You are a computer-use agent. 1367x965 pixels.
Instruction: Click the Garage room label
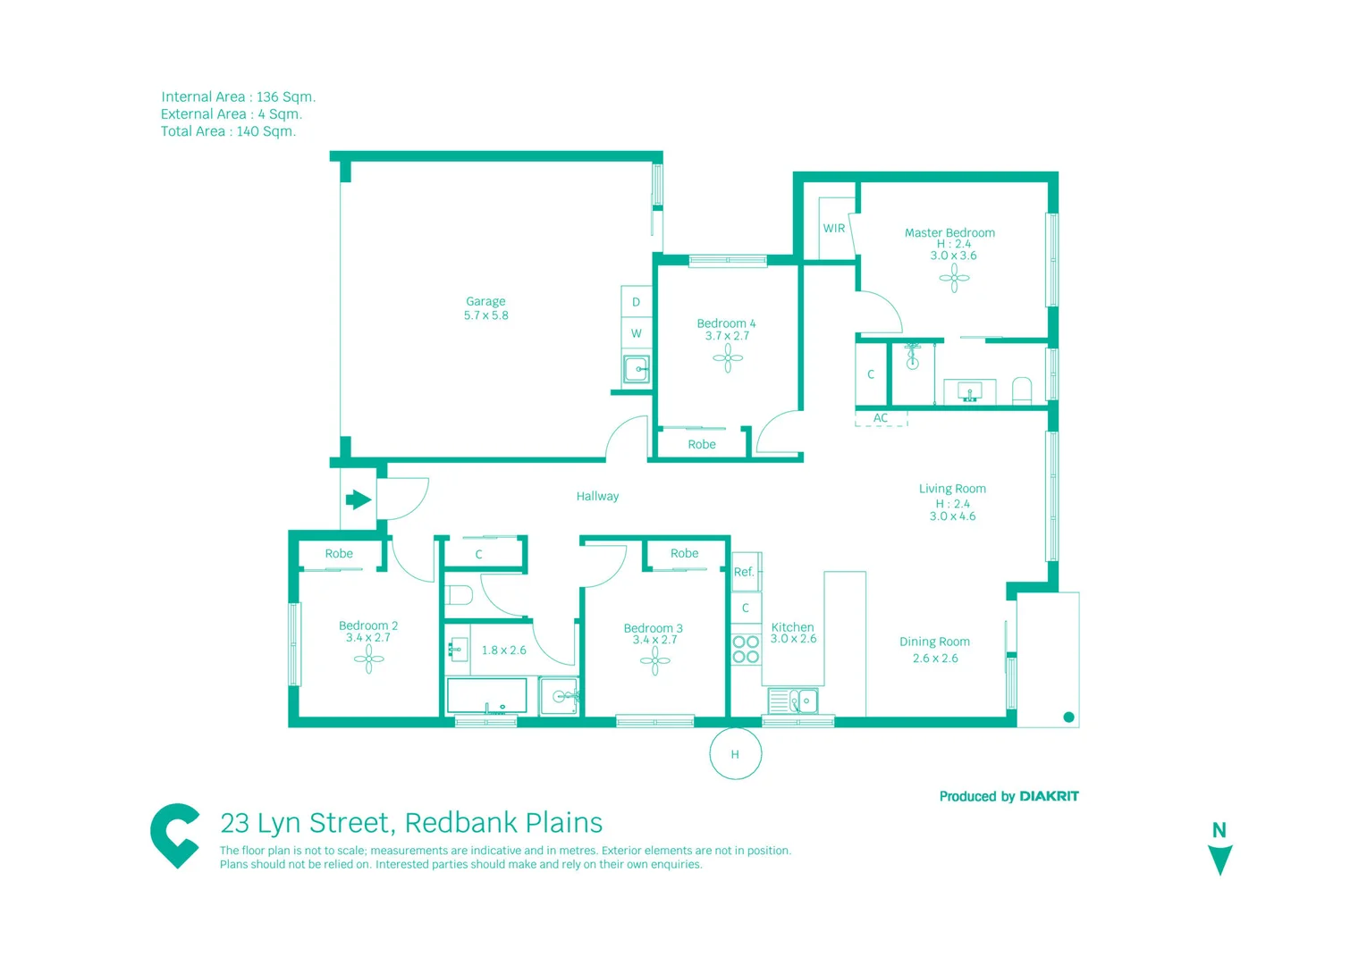pyautogui.click(x=485, y=302)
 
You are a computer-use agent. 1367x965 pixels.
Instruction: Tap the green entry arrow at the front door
pyautogui.click(x=359, y=499)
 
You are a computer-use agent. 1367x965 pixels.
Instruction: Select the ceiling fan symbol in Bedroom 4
pyautogui.click(x=728, y=358)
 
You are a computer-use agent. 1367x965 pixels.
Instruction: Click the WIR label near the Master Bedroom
pyautogui.click(x=833, y=229)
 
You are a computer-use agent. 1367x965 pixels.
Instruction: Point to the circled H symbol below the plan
pyautogui.click(x=735, y=754)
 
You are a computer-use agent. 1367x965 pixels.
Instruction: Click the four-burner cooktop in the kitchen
pyautogui.click(x=746, y=649)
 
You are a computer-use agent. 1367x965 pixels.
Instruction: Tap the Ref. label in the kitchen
pyautogui.click(x=744, y=572)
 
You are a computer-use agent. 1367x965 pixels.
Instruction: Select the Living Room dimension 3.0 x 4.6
pyautogui.click(x=952, y=516)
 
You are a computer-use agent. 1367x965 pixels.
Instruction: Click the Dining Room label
pyautogui.click(x=934, y=642)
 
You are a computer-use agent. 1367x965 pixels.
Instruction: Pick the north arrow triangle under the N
pyautogui.click(x=1219, y=860)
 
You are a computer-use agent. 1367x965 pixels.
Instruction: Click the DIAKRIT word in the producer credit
pyautogui.click(x=1049, y=796)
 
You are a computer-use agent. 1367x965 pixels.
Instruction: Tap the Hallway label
pyautogui.click(x=597, y=496)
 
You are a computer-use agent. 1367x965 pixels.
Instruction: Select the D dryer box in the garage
pyautogui.click(x=636, y=302)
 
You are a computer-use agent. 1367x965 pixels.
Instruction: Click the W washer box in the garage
pyautogui.click(x=636, y=333)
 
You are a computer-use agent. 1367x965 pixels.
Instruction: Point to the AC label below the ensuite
pyautogui.click(x=881, y=418)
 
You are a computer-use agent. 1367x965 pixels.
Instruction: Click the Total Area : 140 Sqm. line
pyautogui.click(x=228, y=131)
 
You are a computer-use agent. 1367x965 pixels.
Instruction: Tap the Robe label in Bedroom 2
pyautogui.click(x=339, y=554)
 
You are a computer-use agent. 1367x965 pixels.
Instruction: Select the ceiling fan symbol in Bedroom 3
pyautogui.click(x=654, y=660)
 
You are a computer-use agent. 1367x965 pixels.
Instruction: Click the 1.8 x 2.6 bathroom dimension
pyautogui.click(x=504, y=650)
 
